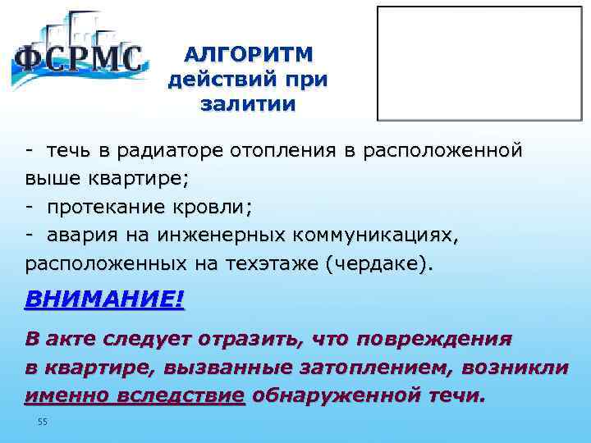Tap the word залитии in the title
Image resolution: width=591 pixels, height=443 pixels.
tap(247, 105)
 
